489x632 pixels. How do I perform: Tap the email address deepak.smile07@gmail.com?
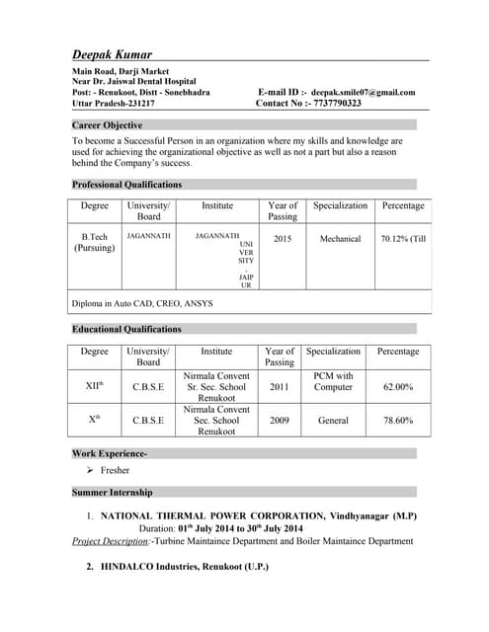point(363,92)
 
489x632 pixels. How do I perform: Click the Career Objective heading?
point(108,125)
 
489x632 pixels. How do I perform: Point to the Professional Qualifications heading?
point(126,185)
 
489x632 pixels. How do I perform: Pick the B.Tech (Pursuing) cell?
point(95,243)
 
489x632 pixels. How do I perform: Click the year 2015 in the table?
point(283,238)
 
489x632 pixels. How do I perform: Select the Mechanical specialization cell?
point(340,238)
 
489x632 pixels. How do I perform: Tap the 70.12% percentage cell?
point(403,238)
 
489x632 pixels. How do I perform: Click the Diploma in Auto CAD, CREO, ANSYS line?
point(142,302)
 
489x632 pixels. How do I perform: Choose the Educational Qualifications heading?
point(126,329)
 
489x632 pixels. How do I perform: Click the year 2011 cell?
point(280,387)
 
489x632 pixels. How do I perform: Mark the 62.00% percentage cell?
point(398,387)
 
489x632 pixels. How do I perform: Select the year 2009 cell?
point(280,420)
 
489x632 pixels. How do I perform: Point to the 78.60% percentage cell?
point(398,420)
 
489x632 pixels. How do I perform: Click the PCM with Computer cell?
point(333,382)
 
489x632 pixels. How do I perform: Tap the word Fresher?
point(115,471)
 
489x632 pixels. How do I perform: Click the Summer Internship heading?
point(113,491)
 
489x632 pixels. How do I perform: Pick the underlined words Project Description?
point(111,541)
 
